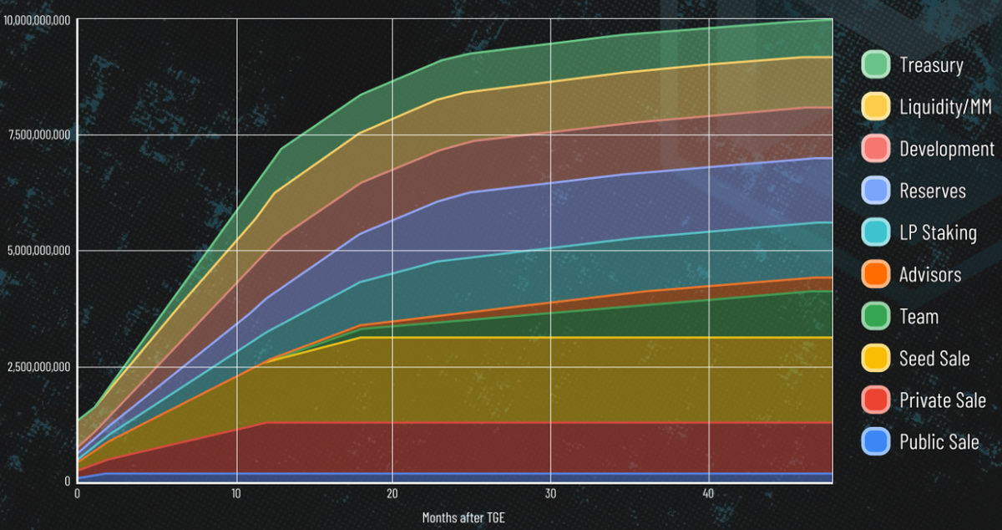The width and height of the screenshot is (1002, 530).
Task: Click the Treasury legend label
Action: tap(931, 65)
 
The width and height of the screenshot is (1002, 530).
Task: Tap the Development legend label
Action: tap(947, 149)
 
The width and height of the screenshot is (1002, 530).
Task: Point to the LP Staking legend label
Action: tap(938, 232)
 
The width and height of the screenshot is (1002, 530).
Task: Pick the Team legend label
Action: tap(918, 317)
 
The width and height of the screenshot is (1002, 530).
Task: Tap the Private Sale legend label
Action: tap(943, 400)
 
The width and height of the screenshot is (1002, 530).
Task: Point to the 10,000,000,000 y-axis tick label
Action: tap(37, 20)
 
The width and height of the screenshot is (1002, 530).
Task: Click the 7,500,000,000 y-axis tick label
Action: tap(38, 135)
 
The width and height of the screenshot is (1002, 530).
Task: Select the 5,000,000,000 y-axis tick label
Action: tap(38, 251)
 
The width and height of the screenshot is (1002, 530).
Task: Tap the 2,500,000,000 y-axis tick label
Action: tap(38, 367)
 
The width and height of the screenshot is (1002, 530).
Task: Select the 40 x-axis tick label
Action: tap(708, 493)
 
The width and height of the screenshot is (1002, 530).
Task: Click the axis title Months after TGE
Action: tap(463, 517)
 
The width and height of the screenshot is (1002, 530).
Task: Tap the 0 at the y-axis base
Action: tap(68, 482)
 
